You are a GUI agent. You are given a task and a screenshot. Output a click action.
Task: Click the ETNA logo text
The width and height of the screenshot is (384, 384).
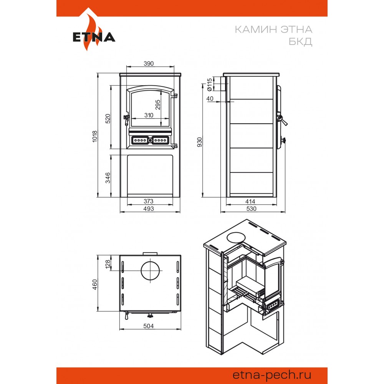94,37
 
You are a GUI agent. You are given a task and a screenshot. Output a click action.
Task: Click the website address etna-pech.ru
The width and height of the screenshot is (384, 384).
272,375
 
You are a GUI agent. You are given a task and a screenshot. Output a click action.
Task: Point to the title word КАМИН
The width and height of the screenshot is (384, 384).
256,30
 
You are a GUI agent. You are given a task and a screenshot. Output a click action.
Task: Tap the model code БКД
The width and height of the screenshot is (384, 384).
300,41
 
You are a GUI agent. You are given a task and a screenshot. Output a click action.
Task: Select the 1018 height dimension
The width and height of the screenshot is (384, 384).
95,136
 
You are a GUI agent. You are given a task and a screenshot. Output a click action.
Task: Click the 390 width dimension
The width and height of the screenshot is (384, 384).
149,63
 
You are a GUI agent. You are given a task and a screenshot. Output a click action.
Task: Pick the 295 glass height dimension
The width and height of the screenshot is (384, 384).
158,104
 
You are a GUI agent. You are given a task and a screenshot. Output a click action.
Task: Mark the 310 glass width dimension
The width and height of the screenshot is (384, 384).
149,115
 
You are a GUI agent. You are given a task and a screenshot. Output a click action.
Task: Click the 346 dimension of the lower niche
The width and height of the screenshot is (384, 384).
108,178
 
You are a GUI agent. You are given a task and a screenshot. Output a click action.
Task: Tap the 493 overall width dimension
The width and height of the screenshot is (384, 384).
149,209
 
